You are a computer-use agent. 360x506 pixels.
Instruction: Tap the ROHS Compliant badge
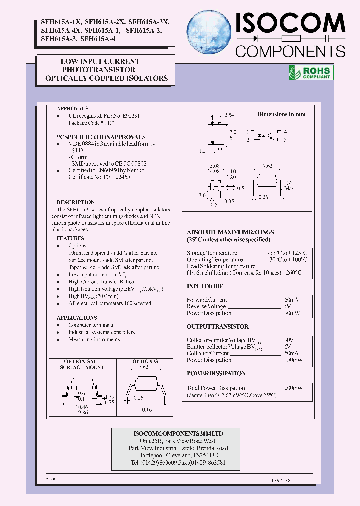point(310,72)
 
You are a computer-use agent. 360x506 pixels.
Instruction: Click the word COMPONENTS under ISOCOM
point(290,51)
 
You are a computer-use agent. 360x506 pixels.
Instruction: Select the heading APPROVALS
point(72,108)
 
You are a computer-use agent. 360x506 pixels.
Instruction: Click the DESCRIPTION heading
point(75,202)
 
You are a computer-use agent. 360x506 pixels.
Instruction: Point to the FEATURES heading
point(70,239)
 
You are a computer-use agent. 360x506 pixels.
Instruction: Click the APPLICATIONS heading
point(77,318)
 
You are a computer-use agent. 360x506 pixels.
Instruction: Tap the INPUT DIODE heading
point(205,286)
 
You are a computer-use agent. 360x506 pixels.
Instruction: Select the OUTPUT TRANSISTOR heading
point(217,327)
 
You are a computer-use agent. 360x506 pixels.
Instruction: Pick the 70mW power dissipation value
point(292,313)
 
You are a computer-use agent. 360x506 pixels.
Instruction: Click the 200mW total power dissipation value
point(293,388)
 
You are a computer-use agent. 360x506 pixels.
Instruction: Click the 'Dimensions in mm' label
point(281,114)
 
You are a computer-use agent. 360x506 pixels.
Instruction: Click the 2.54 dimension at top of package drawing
point(229,115)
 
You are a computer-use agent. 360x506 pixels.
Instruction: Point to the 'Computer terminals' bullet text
point(91,325)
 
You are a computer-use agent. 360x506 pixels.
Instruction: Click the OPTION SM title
point(80,361)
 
